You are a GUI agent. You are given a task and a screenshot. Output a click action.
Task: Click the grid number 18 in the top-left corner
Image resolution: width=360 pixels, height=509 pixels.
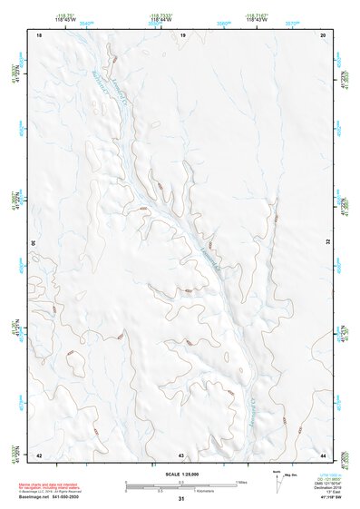click(39, 34)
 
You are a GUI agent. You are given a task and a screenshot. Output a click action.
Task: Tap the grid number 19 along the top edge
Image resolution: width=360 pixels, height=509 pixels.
click(182, 34)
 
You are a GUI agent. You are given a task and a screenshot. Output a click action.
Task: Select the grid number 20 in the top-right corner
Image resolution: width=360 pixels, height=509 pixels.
click(324, 34)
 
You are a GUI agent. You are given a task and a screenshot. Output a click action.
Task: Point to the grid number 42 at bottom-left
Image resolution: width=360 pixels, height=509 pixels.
click(39, 454)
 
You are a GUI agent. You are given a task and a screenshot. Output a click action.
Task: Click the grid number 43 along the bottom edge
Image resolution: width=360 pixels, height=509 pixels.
click(181, 454)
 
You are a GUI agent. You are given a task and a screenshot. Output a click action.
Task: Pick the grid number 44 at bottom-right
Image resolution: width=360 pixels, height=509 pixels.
click(324, 454)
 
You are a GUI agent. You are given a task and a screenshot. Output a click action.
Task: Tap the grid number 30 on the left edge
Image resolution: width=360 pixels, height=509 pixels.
click(35, 243)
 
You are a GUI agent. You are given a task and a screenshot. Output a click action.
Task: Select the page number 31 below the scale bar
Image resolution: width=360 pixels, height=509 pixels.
click(181, 499)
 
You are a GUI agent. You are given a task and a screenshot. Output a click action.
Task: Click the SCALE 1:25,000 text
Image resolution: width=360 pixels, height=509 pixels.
click(181, 475)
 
